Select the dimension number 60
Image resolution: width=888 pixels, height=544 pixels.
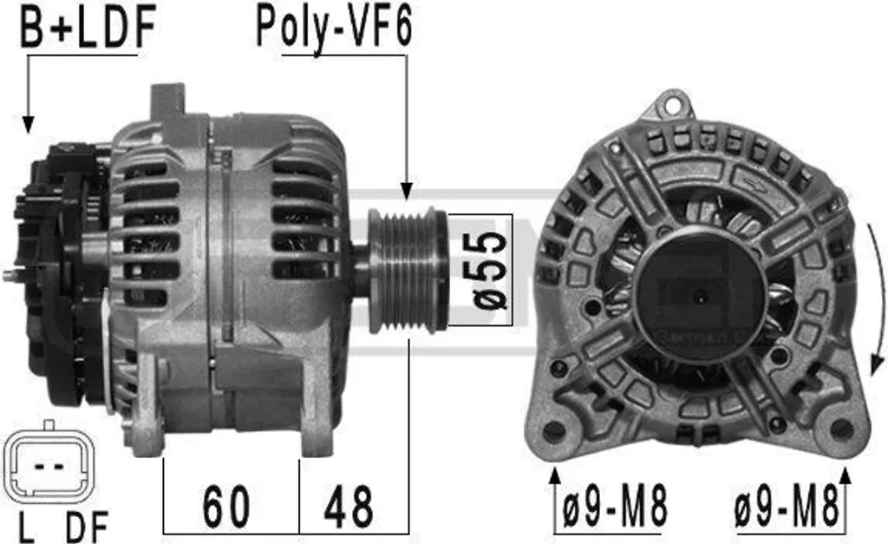click(x=226, y=506)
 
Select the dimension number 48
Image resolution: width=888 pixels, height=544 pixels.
click(x=349, y=506)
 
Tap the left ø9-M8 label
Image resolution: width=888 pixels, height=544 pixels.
click(x=615, y=506)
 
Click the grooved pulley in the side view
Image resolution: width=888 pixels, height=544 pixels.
click(x=408, y=271)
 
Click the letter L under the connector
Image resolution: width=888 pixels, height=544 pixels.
click(x=26, y=527)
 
